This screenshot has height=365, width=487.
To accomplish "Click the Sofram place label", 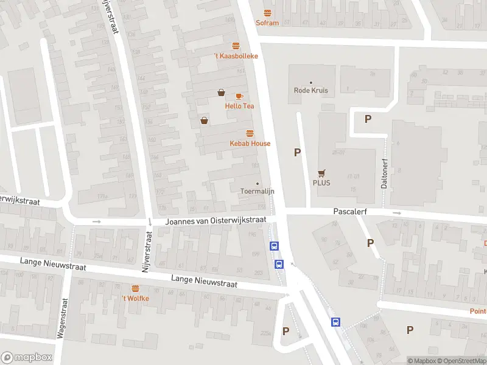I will tap(268, 23).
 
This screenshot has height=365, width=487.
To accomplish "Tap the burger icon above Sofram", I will tap(268, 13).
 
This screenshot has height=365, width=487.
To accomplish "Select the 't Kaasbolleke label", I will tap(236, 56).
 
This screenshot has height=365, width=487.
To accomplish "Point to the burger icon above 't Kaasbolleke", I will tap(236, 46).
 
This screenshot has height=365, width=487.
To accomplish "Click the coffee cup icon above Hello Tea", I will tap(239, 96).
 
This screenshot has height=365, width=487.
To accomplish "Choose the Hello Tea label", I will tap(239, 106).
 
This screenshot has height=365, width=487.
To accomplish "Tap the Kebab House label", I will tap(250, 144).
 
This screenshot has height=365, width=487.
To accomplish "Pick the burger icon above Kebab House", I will tap(250, 133).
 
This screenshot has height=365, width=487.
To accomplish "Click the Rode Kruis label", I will tap(311, 91).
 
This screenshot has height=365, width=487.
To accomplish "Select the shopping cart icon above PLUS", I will tap(321, 172).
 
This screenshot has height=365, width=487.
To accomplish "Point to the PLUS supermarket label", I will tap(321, 182).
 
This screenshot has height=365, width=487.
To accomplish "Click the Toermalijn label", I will tap(257, 191).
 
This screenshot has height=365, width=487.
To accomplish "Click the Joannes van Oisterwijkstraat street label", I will tap(216, 221).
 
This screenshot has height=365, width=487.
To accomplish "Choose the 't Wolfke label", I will tap(135, 298).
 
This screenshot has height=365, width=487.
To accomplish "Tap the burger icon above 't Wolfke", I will tap(135, 288).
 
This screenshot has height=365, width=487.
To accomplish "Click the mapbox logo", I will tap(27, 358).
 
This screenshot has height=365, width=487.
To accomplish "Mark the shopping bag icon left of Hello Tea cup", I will tap(221, 92).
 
